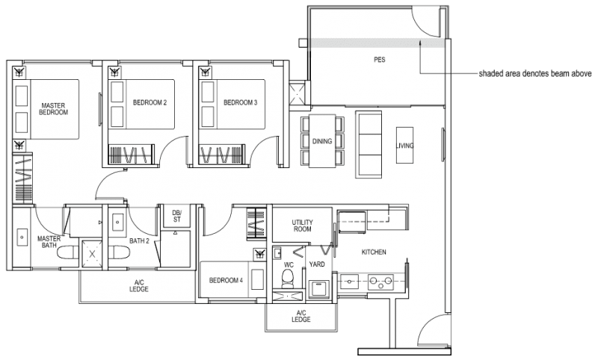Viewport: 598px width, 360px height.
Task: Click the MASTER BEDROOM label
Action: [x=55, y=109]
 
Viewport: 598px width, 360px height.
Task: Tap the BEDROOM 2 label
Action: [x=149, y=102]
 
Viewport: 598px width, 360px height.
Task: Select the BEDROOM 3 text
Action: [x=240, y=102]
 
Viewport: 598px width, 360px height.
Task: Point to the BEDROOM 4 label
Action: [x=225, y=280]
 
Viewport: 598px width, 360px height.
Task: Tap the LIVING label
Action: [x=406, y=146]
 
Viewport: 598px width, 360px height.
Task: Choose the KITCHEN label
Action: [x=374, y=252]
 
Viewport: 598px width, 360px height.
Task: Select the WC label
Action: [x=288, y=264]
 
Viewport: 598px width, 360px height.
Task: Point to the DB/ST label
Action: [x=177, y=216]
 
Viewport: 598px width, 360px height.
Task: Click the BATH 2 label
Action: [x=139, y=241]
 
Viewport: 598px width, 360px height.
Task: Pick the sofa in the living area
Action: [x=368, y=142]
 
